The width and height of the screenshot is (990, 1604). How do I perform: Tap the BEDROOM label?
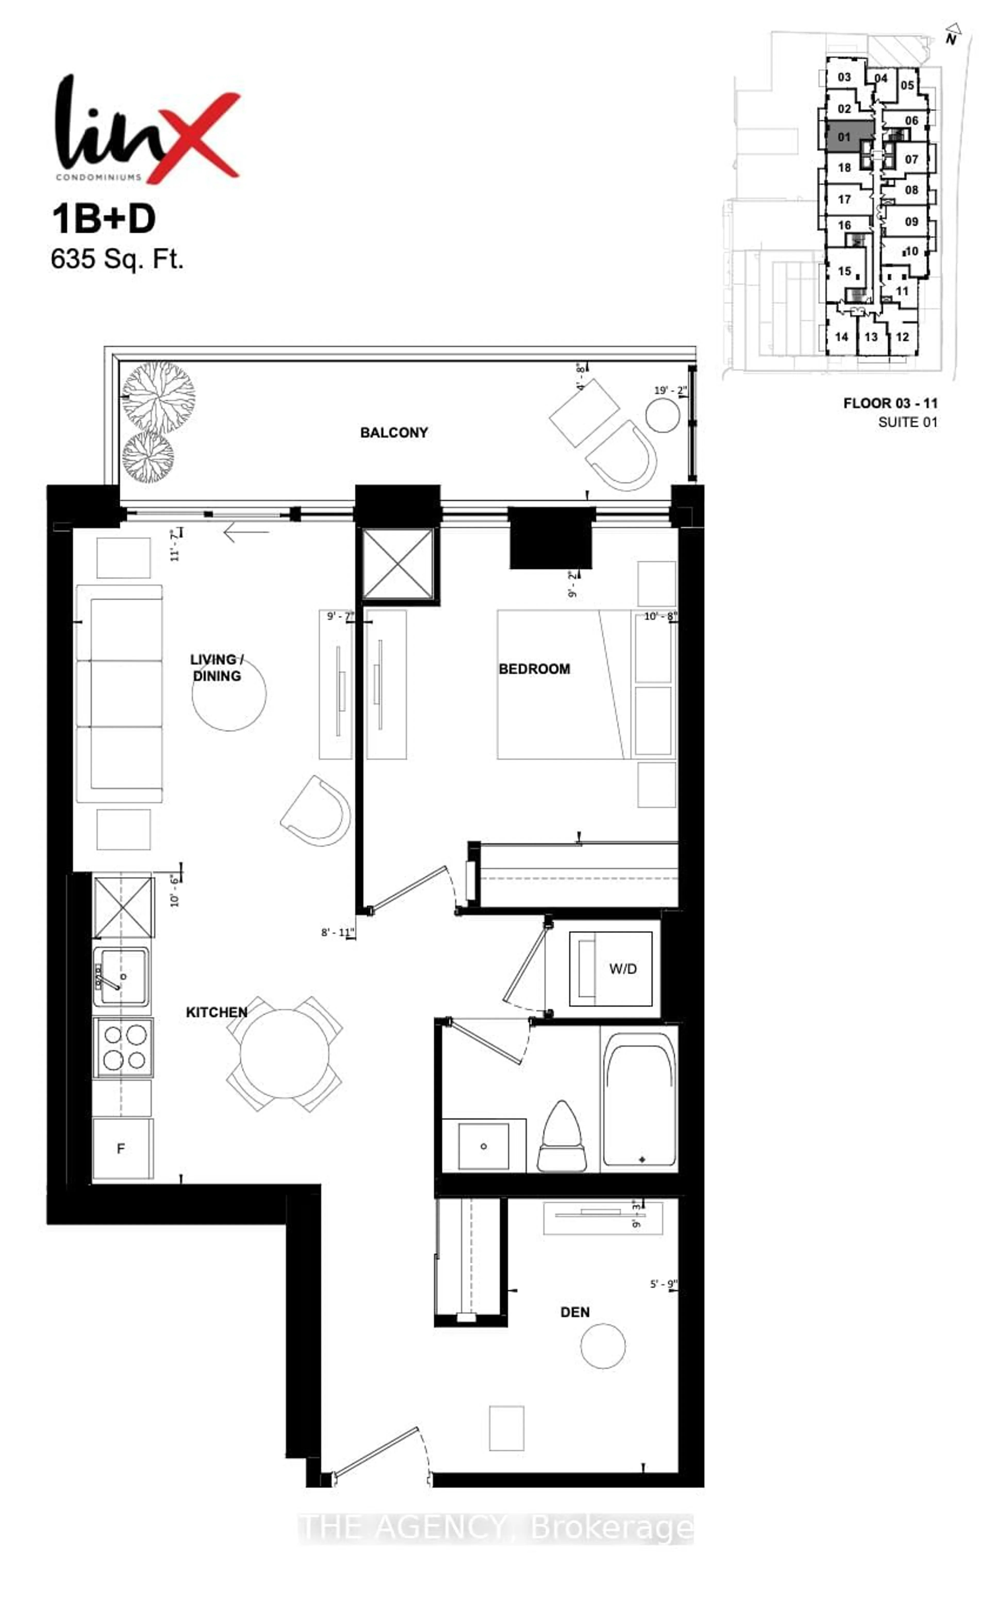[x=534, y=669]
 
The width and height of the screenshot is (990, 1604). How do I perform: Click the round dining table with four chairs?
[x=284, y=1054]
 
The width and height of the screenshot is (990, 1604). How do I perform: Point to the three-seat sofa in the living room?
[x=119, y=694]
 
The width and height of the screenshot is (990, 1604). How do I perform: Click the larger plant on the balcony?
[x=159, y=396]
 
